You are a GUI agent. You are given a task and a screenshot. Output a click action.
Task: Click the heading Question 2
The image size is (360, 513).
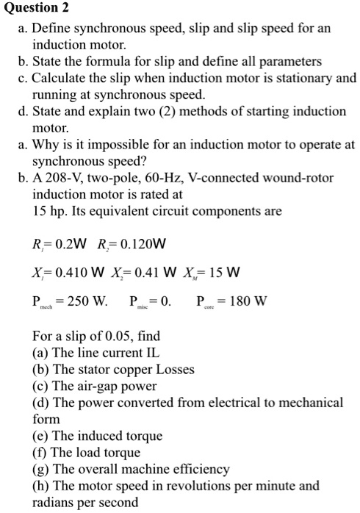pyautogui.click(x=35, y=9)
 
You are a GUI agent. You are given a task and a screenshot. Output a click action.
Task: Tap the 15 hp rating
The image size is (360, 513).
pyautogui.click(x=50, y=211)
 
